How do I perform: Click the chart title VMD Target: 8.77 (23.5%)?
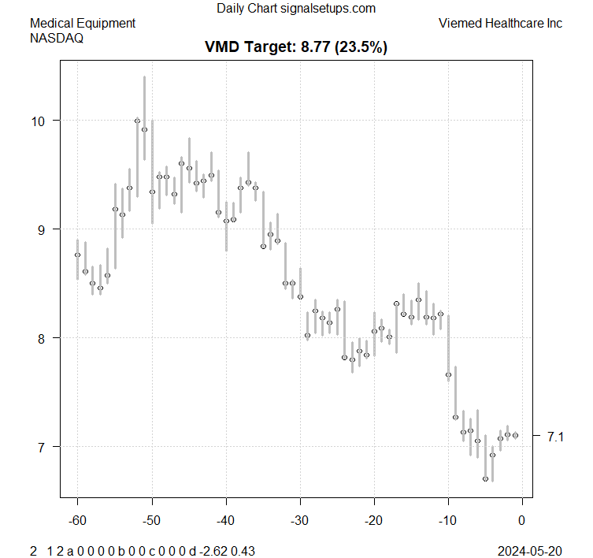[x=295, y=47]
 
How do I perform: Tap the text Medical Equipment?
[x=83, y=23]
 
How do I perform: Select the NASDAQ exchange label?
[x=57, y=37]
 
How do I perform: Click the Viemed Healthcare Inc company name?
[x=500, y=23]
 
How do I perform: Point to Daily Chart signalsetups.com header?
[x=295, y=9]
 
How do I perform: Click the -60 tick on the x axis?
[x=77, y=519]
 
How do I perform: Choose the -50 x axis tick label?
[x=151, y=519]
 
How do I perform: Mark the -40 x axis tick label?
[x=225, y=519]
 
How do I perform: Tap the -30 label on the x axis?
[x=299, y=519]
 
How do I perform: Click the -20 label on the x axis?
[x=373, y=519]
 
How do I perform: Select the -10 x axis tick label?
[x=447, y=519]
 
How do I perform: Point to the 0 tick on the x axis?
[x=521, y=519]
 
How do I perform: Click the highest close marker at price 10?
[x=137, y=121]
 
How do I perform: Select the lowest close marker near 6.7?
[x=485, y=478]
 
